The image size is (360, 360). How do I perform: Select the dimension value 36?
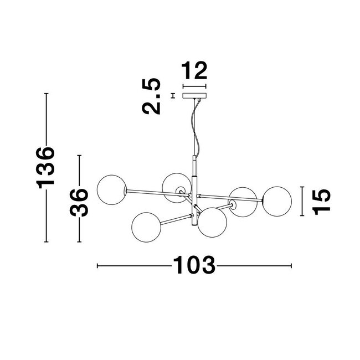click(x=79, y=202)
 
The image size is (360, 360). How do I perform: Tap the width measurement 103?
click(x=194, y=266)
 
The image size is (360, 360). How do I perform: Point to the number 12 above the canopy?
click(x=194, y=71)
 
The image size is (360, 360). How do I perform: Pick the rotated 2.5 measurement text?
click(x=151, y=96)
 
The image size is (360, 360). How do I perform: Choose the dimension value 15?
click(x=321, y=201)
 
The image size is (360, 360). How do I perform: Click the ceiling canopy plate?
click(x=194, y=96)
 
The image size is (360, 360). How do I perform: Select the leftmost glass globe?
click(x=111, y=189)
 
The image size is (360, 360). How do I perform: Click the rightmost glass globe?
click(x=276, y=201)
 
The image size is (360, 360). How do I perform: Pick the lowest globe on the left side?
click(x=146, y=226)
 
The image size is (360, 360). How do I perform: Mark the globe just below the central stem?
click(x=212, y=222)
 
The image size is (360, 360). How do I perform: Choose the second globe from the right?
click(x=243, y=202)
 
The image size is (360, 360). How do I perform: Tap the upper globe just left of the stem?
click(x=177, y=187)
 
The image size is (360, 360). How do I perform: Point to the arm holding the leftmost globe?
click(x=158, y=193)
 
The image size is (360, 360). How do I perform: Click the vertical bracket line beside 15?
click(x=302, y=201)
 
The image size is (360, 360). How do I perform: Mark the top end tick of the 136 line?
click(x=47, y=94)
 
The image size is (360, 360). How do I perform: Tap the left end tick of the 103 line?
click(x=97, y=266)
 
